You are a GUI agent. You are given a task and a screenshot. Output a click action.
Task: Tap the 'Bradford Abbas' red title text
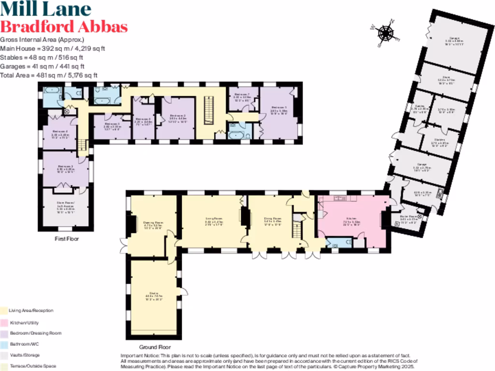pos(64,26)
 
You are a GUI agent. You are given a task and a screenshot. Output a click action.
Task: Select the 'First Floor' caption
pos(67,239)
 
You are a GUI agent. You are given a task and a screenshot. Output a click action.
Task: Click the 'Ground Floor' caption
pos(155,347)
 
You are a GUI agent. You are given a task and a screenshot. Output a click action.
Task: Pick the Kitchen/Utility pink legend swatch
pos(4,322)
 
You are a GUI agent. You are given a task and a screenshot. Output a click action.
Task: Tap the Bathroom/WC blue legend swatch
pos(4,344)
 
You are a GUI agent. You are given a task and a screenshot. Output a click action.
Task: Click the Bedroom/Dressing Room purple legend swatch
pos(4,333)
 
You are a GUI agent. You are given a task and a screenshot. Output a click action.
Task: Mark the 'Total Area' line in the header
pos(49,75)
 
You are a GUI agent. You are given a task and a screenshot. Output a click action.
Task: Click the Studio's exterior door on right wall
pos(182,291)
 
